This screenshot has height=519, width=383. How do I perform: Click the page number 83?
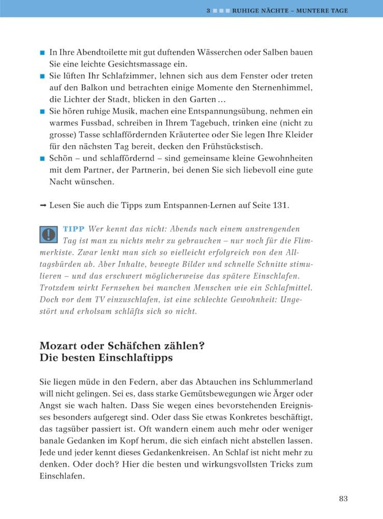tap(343, 499)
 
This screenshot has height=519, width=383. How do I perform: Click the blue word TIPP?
tap(74, 229)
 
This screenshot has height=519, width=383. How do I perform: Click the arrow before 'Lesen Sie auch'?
tap(43, 206)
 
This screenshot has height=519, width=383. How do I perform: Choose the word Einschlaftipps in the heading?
tap(135, 358)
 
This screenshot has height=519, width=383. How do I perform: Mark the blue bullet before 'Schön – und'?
tap(42, 158)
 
